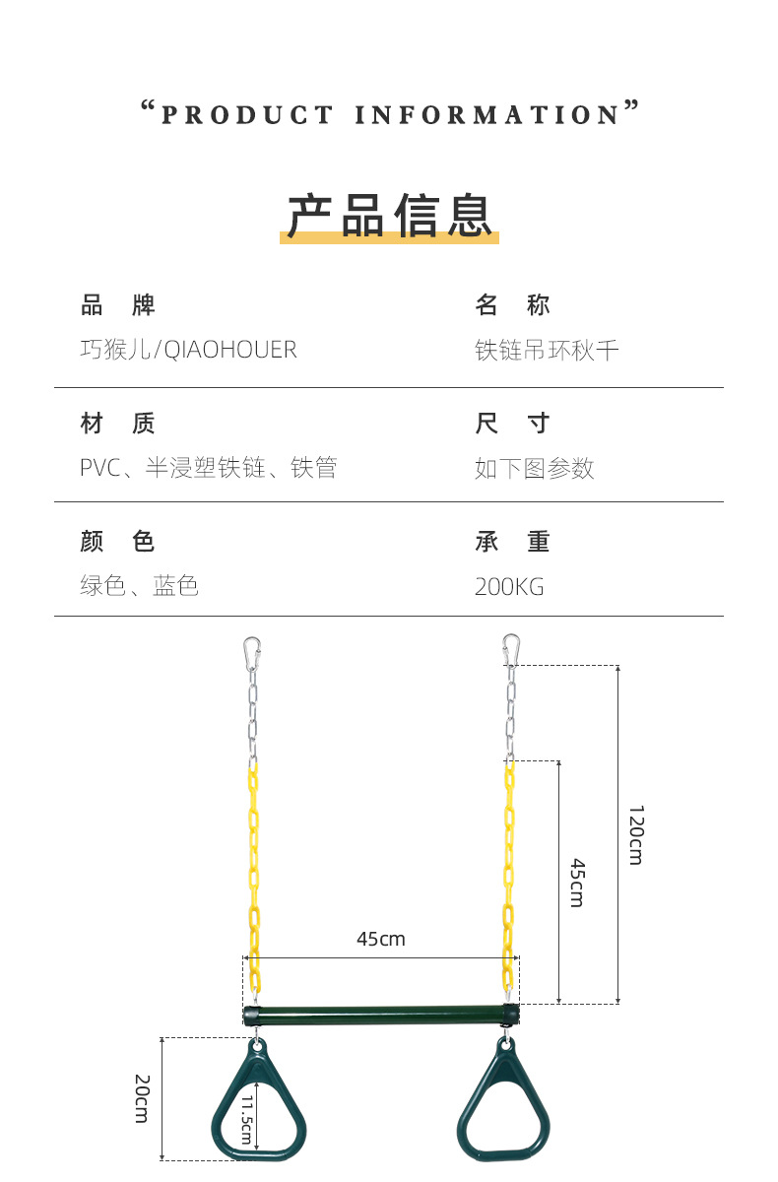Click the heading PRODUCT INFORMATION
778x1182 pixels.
[x=389, y=114]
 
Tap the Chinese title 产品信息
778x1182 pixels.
[x=389, y=216]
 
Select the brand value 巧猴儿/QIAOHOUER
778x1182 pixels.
[x=188, y=350]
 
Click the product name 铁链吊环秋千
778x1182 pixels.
[x=547, y=350]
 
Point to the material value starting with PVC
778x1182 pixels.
[x=208, y=468]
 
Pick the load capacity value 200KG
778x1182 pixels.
[x=509, y=587]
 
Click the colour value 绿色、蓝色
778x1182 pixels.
[x=139, y=586]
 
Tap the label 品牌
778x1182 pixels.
[x=117, y=305]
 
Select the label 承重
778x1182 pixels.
[x=512, y=541]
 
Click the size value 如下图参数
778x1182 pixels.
[x=534, y=468]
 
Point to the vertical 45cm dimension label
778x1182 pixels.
[x=577, y=883]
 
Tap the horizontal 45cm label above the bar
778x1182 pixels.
[x=380, y=939]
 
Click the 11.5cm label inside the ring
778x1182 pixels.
[x=246, y=1119]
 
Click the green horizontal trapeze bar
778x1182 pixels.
[x=381, y=1015]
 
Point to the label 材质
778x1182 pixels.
[x=117, y=424]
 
